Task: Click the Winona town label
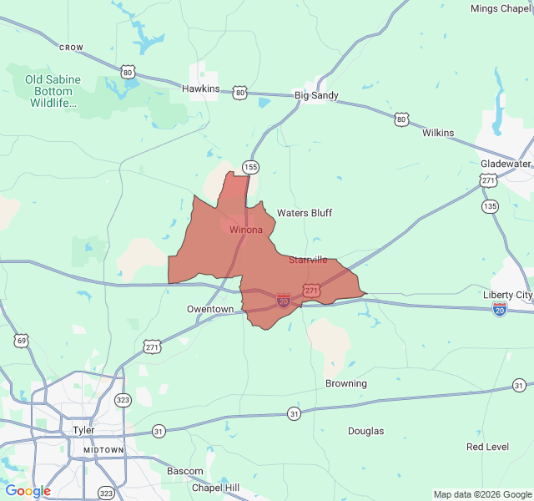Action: [x=246, y=230]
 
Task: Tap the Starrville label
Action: [x=308, y=260]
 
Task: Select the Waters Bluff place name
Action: [x=305, y=213]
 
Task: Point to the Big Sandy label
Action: [x=316, y=95]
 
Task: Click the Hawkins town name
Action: [x=200, y=89]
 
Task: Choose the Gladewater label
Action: [x=505, y=164]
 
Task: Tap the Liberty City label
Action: [x=507, y=295]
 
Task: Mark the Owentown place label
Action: [x=210, y=309]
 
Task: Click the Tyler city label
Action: [x=83, y=430]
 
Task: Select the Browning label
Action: [x=345, y=383]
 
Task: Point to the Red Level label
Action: [x=487, y=447]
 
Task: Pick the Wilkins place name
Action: [x=438, y=133]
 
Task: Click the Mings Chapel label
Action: [x=501, y=8]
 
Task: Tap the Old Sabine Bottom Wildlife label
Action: [x=53, y=92]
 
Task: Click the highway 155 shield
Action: [x=250, y=166]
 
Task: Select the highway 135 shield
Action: [x=490, y=205]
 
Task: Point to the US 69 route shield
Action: [x=21, y=340]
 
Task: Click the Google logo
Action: [x=28, y=491]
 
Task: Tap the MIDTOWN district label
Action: [x=103, y=450]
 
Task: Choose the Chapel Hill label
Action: [x=215, y=488]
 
